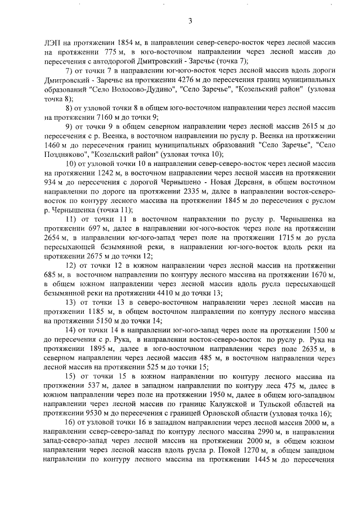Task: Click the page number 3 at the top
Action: (190, 22)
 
